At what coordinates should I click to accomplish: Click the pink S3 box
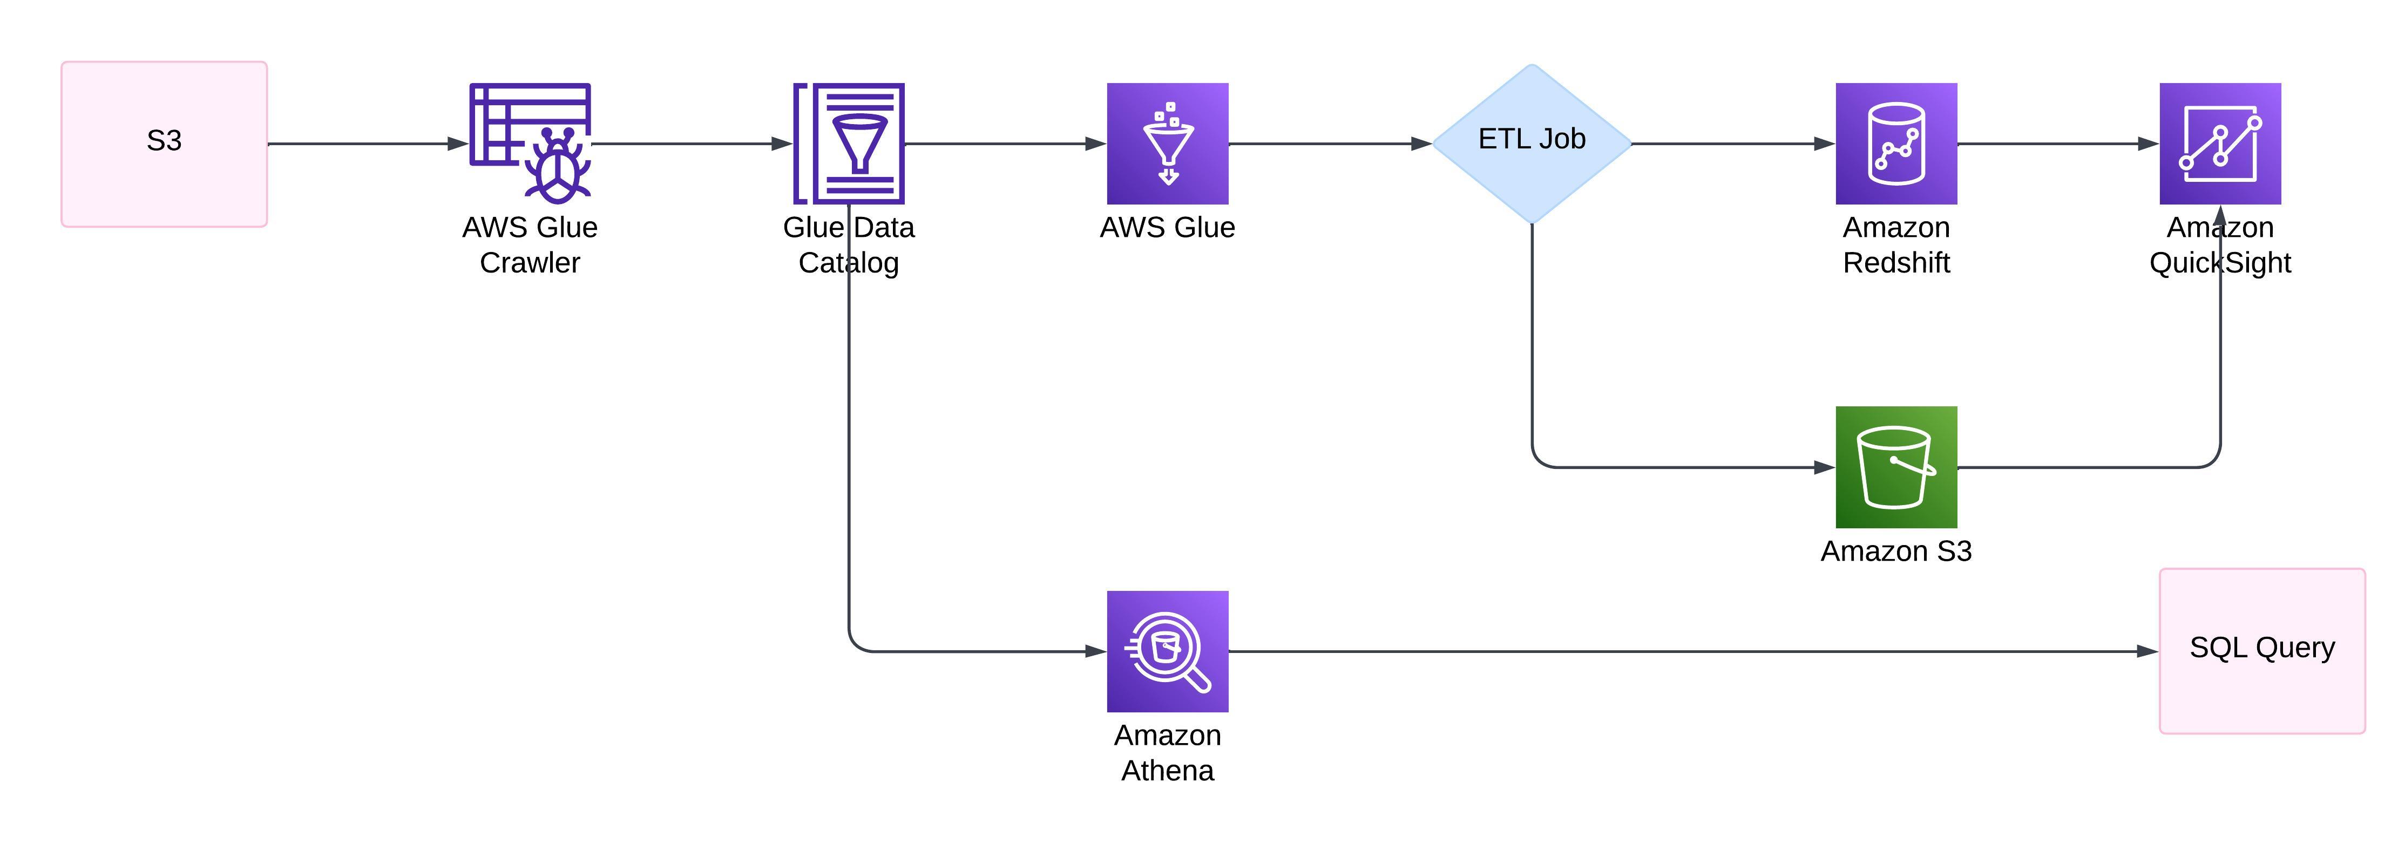pos(164,144)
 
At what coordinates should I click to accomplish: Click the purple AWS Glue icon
pos(1167,144)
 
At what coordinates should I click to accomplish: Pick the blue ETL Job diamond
pos(1532,144)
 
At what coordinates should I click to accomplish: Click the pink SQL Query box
pos(2261,650)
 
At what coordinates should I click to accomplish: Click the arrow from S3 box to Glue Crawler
pos(368,144)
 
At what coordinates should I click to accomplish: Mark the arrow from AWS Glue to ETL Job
pos(1329,144)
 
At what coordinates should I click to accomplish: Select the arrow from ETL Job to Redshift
pos(1731,144)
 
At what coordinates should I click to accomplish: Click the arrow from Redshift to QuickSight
pos(2057,144)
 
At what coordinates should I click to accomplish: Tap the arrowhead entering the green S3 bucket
pos(1825,467)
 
